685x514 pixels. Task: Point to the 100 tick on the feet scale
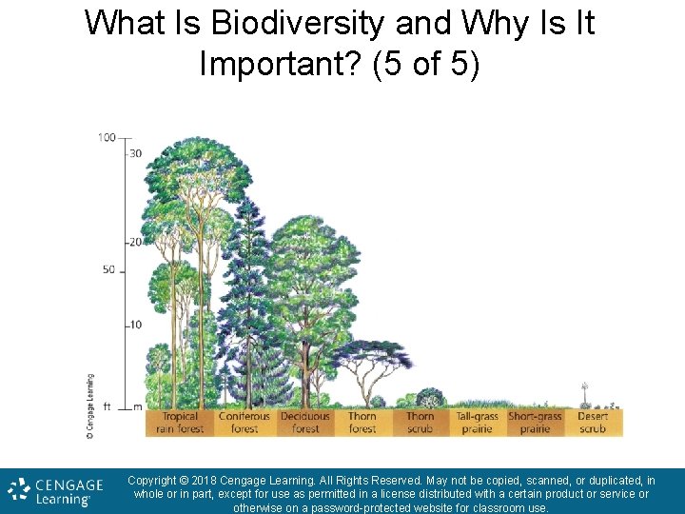[106, 138]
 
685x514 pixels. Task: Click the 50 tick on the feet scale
[108, 270]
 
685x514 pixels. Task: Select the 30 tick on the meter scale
[136, 154]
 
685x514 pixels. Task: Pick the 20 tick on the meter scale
[136, 243]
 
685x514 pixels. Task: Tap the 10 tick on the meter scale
[136, 325]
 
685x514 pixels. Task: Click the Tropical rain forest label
[181, 422]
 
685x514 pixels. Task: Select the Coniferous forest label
[245, 422]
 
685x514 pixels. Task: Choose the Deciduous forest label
[305, 422]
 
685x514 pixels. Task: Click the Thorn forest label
[362, 422]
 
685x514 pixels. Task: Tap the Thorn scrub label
[420, 422]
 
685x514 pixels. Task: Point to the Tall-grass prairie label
[477, 422]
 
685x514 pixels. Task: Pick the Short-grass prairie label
[535, 422]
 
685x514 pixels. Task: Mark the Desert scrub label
[592, 422]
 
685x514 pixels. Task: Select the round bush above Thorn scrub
[430, 398]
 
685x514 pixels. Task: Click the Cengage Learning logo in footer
[55, 490]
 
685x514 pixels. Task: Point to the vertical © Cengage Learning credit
[90, 406]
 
